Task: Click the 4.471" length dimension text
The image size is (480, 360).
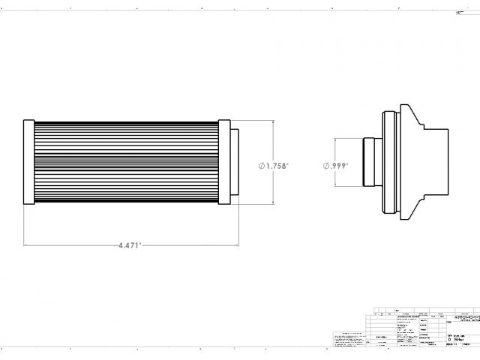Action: pyautogui.click(x=130, y=245)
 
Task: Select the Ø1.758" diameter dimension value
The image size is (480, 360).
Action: pyautogui.click(x=276, y=166)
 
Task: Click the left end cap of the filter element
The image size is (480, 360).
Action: pyautogui.click(x=28, y=161)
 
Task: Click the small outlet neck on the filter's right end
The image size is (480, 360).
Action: pyautogui.click(x=234, y=161)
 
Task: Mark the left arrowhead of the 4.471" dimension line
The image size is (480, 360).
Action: pyautogui.click(x=26, y=245)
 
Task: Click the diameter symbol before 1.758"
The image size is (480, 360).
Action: pyautogui.click(x=262, y=166)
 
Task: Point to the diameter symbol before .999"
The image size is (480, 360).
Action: pyautogui.click(x=327, y=166)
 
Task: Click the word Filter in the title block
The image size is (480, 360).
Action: pyautogui.click(x=460, y=339)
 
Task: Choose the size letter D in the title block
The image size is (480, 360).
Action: pyautogui.click(x=448, y=339)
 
